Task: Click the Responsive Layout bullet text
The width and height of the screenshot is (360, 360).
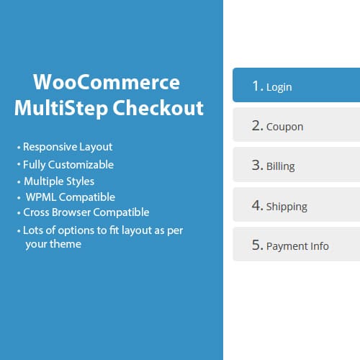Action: (68, 147)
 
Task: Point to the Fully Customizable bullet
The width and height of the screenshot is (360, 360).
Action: (68, 164)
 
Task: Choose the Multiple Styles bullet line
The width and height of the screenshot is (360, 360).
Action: (59, 181)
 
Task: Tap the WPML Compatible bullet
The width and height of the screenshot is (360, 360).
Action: (71, 197)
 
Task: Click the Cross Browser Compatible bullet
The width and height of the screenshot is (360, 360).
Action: (86, 212)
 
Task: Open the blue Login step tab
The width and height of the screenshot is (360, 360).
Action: (296, 86)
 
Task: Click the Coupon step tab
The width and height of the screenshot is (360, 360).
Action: (296, 126)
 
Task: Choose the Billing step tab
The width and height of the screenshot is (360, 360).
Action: (296, 166)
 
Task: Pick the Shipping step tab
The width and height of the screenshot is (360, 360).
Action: (296, 206)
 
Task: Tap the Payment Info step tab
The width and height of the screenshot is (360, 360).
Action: (296, 246)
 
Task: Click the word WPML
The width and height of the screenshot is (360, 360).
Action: (41, 197)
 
